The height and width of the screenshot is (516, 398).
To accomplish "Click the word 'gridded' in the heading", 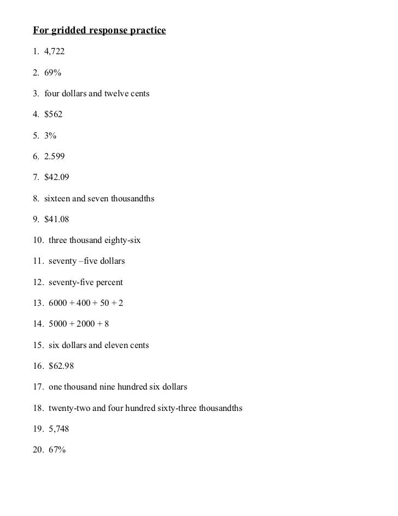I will (65, 31).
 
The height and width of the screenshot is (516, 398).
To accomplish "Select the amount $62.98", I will (61, 366).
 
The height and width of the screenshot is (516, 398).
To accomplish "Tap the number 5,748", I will (59, 429).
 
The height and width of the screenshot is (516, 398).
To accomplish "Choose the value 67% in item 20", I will (57, 450).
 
